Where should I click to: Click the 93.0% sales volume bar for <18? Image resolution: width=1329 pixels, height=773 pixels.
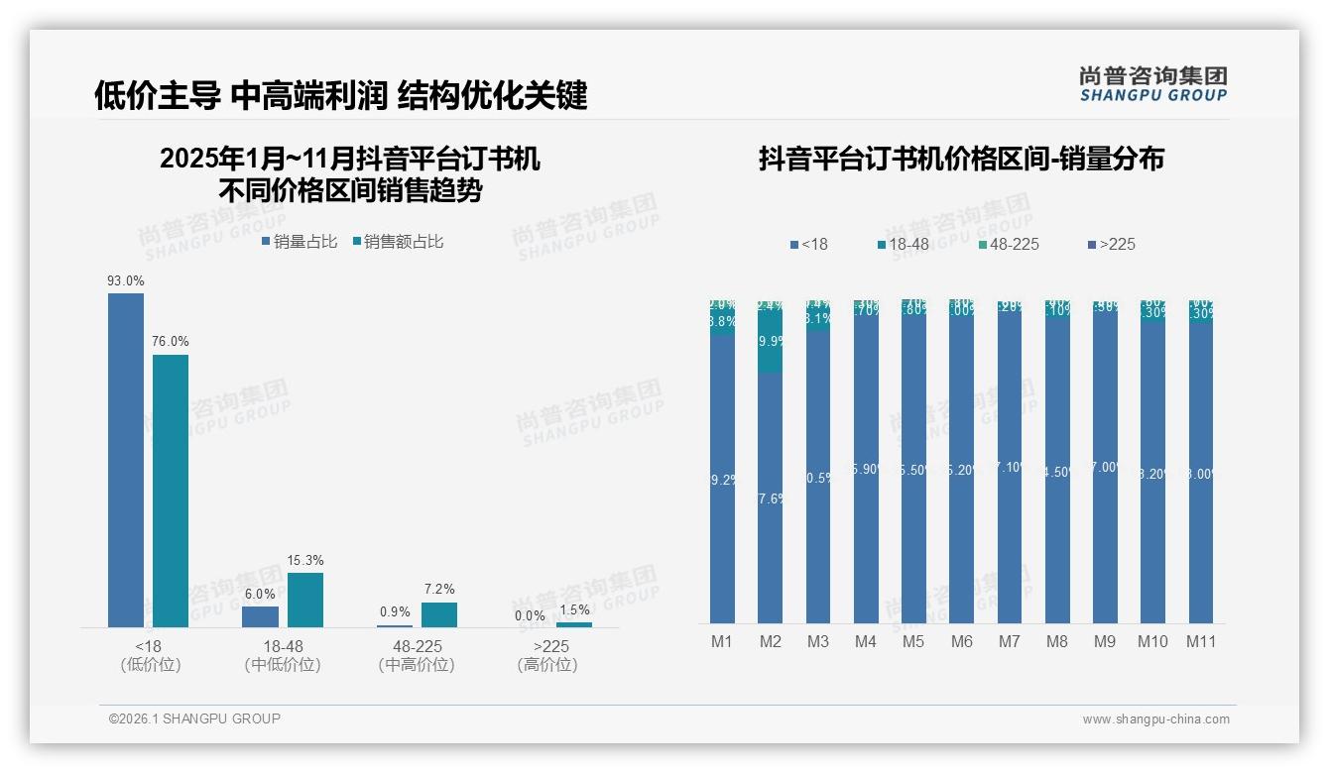[x=126, y=460]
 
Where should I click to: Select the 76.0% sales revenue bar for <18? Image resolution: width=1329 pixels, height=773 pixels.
[x=171, y=491]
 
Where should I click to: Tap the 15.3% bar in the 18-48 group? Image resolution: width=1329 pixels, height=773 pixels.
[x=305, y=600]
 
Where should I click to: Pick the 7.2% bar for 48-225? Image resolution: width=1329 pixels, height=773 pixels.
[x=439, y=614]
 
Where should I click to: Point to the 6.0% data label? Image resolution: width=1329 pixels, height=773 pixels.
[x=260, y=595]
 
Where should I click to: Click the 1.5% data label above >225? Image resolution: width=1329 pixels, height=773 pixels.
[x=573, y=610]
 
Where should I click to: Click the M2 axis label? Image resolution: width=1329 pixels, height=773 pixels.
[x=770, y=642]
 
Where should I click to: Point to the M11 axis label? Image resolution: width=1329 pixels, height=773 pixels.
[x=1201, y=642]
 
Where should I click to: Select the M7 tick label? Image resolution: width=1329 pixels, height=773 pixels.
[x=1009, y=642]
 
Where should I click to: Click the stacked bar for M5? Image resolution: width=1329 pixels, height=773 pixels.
[x=913, y=461]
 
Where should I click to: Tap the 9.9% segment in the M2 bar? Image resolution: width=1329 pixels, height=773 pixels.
[x=770, y=341]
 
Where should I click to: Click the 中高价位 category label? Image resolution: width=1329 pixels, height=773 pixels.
[x=417, y=665]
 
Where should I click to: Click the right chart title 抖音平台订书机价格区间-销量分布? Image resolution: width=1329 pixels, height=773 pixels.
[x=961, y=159]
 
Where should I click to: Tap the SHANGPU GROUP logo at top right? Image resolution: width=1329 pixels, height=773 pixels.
[x=1152, y=84]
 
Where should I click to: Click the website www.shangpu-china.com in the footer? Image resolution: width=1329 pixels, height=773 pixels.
[x=1155, y=719]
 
